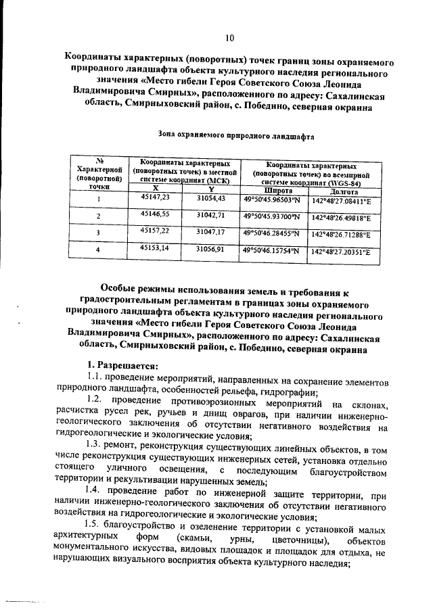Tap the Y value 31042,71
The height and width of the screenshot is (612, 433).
[210, 214]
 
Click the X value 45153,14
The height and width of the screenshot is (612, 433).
[155, 249]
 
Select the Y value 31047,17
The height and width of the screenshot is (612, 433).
[210, 232]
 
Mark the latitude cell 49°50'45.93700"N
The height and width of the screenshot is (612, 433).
[271, 216]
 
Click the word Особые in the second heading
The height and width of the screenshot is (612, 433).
[122, 293]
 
